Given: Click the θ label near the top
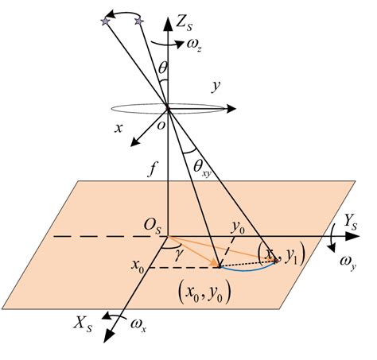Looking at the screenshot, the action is [x=163, y=70].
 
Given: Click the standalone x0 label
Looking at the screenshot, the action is [x=140, y=260].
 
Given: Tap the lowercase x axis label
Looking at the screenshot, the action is [x=119, y=127].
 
